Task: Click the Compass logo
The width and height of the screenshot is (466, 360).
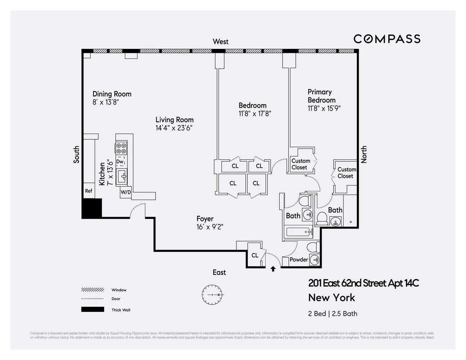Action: pos(387,39)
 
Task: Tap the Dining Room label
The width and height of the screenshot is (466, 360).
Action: pos(112,94)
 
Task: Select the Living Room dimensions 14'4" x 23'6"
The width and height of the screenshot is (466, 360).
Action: pos(174,128)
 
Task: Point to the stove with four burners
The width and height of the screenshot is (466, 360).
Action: pos(121,149)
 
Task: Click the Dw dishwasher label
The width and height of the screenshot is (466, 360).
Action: pos(119,162)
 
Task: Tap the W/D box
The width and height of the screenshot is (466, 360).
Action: pos(126,192)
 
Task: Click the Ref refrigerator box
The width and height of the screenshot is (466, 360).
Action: pos(89,191)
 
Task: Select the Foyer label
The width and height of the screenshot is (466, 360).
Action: pos(205,219)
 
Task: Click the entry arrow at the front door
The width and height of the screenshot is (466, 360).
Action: pos(273,269)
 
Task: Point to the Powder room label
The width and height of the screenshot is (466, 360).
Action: pos(299,260)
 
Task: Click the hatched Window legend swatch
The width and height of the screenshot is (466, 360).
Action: pos(92,290)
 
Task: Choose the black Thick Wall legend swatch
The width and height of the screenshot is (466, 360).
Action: pos(92,310)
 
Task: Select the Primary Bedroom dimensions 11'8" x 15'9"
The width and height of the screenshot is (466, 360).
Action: pos(324,108)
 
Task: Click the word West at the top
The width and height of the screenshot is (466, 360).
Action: pos(221,41)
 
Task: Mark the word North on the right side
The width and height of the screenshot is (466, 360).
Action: pos(364,154)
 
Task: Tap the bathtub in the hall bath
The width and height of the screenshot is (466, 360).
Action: pos(298,233)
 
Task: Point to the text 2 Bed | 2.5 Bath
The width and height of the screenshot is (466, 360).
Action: pos(332,314)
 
